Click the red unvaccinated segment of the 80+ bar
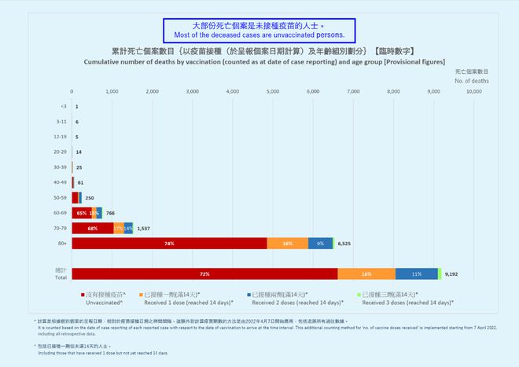click(x=169, y=244)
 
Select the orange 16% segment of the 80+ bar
click(x=287, y=244)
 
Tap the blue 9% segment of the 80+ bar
click(x=320, y=244)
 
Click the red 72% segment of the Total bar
click(x=204, y=273)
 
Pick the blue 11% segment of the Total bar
click(x=416, y=273)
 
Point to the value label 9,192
click(x=451, y=274)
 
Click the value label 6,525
click(x=344, y=244)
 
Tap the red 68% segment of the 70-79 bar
click(x=92, y=229)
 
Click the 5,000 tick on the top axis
click(x=273, y=92)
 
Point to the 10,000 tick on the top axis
click(x=473, y=92)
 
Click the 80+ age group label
click(x=62, y=244)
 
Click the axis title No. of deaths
click(x=472, y=80)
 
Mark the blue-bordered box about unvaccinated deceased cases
click(x=259, y=31)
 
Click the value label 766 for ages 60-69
click(x=110, y=213)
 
